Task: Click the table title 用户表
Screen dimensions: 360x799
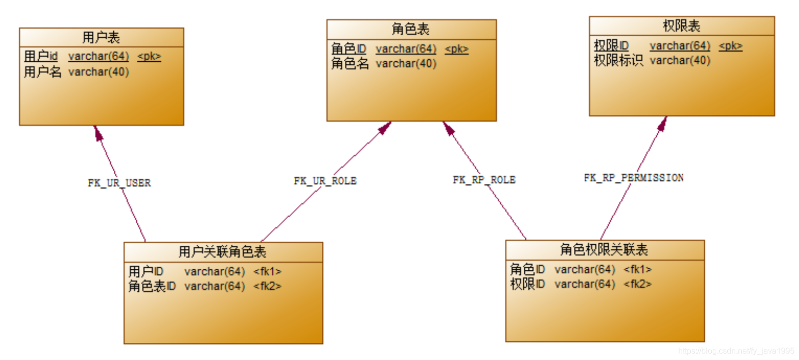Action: point(101,37)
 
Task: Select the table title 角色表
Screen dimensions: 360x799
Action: point(411,29)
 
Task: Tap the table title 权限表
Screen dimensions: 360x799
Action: point(681,26)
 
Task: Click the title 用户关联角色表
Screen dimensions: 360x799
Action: point(223,252)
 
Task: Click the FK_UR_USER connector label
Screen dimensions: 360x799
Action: point(119,183)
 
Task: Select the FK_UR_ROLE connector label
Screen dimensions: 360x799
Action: point(325,181)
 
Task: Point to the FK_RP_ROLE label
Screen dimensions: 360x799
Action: point(484,180)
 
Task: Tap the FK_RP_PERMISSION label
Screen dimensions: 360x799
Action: point(634,178)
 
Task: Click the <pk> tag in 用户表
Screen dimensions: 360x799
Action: point(149,57)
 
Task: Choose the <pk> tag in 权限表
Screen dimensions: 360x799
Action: point(730,46)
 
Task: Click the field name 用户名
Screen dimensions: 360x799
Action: point(43,72)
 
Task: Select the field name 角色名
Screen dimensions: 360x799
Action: point(350,64)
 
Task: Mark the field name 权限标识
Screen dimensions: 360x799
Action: point(618,61)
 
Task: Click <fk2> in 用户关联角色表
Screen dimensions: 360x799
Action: point(267,286)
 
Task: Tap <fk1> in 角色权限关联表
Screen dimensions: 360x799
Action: point(637,270)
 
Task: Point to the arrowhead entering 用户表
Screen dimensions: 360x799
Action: point(98,133)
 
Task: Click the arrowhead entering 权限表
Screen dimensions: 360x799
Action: point(663,124)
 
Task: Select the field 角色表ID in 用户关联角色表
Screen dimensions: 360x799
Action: point(152,286)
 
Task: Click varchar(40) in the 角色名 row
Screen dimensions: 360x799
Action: point(406,64)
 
